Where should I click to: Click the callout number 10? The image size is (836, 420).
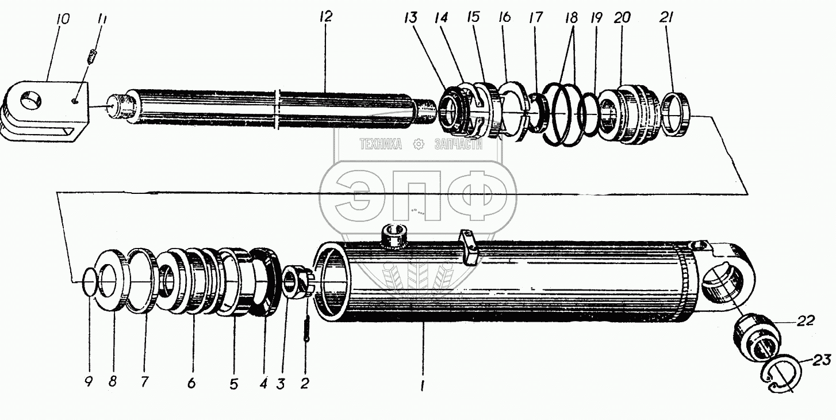click(63, 20)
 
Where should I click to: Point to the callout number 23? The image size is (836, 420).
click(822, 361)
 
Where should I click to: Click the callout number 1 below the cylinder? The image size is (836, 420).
click(421, 387)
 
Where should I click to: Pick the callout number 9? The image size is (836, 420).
click(89, 382)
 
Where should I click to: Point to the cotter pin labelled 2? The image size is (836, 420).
click(306, 330)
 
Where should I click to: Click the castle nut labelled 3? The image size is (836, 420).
click(297, 282)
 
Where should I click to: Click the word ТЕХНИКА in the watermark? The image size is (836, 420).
click(380, 144)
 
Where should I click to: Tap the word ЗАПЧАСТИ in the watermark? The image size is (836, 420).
click(458, 144)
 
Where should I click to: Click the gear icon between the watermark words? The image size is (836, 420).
click(419, 144)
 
